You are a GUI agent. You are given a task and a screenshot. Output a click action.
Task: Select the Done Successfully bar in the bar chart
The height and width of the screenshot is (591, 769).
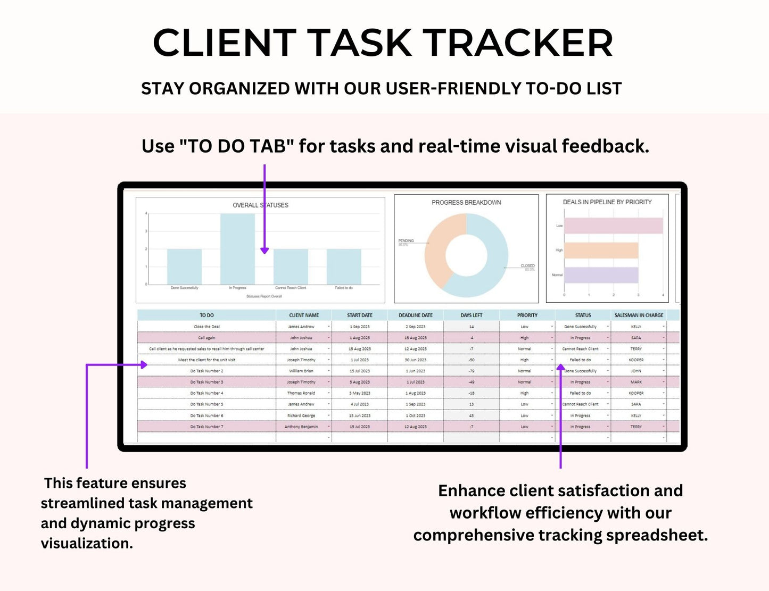pos(184,267)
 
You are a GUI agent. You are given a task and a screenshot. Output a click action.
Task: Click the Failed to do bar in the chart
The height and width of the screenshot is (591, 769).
pos(344,267)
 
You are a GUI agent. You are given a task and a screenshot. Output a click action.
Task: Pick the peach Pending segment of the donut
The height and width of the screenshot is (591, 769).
pos(435,250)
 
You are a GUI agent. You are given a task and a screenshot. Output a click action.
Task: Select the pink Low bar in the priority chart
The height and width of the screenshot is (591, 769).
pos(613,226)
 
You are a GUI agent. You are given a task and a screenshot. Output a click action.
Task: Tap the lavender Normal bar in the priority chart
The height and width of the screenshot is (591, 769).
pos(601,275)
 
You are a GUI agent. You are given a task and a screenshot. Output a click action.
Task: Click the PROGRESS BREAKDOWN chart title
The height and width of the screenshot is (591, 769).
pos(466,203)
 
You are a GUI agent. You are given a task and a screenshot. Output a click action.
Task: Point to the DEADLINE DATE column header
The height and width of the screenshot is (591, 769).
pos(416,315)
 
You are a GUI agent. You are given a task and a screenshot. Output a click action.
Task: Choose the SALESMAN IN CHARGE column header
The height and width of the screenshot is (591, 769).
pos(639,315)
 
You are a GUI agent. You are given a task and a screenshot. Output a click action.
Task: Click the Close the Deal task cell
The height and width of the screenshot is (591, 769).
pos(206,327)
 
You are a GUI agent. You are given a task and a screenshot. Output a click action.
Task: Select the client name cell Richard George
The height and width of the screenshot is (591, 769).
pos(301,415)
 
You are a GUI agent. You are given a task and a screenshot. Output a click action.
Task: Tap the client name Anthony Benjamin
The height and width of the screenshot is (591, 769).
pos(301,427)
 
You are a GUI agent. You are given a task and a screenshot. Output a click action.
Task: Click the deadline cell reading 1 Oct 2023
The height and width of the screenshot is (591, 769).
pos(416,415)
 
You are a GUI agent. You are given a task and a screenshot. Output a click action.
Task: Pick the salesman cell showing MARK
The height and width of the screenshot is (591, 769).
pos(636,382)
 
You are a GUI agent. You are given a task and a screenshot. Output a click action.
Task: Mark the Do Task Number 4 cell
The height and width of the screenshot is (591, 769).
pos(206,393)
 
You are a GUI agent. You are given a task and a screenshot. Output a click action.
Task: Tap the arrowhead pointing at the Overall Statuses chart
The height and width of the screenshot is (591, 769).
pos(264,250)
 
